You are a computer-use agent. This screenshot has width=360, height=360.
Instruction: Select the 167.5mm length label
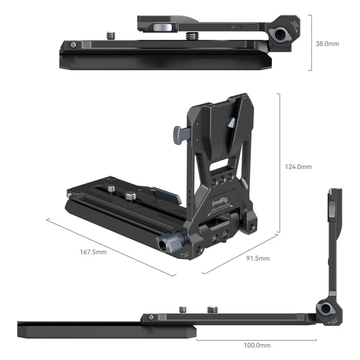point(93,252)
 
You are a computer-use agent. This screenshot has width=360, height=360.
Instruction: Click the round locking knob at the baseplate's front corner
point(167,245)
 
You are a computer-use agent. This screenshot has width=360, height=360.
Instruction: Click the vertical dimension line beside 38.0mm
point(312,44)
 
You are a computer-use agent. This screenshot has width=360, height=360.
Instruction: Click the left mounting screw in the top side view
point(111,35)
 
